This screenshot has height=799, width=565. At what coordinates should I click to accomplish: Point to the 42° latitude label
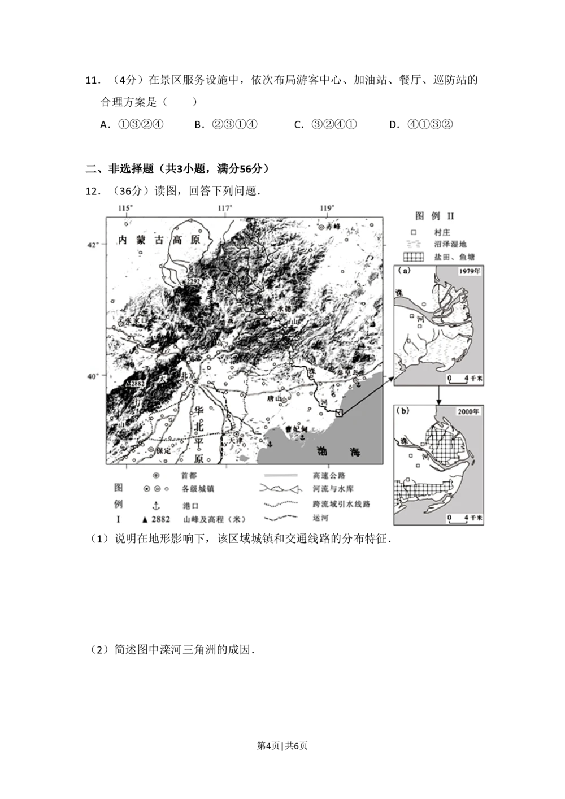click(93, 244)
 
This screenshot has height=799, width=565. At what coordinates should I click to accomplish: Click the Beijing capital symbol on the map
click(195, 383)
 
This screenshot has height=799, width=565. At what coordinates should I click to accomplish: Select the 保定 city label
click(163, 450)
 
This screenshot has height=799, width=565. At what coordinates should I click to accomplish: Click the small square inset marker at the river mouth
click(338, 412)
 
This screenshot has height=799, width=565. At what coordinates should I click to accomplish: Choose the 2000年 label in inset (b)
click(469, 412)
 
